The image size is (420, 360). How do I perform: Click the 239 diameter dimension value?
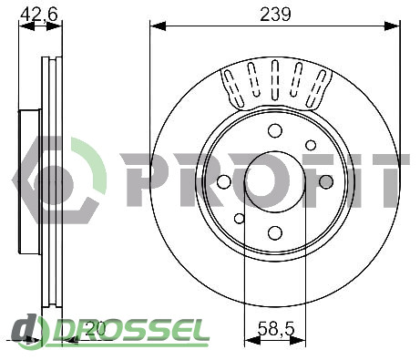[x=275, y=14]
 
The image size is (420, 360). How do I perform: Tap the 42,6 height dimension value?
[x=40, y=14]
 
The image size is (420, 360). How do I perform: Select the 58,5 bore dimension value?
[x=276, y=329]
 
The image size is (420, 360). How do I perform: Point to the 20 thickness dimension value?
[x=95, y=328]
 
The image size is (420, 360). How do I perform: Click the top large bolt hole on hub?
[x=275, y=130]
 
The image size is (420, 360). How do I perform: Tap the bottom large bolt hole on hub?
[x=275, y=232]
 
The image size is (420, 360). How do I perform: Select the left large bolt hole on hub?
[x=224, y=181]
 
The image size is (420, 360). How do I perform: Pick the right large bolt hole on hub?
[x=326, y=181]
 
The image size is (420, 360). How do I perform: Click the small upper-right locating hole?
[x=311, y=145]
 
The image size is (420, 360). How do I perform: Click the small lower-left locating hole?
[x=240, y=218]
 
